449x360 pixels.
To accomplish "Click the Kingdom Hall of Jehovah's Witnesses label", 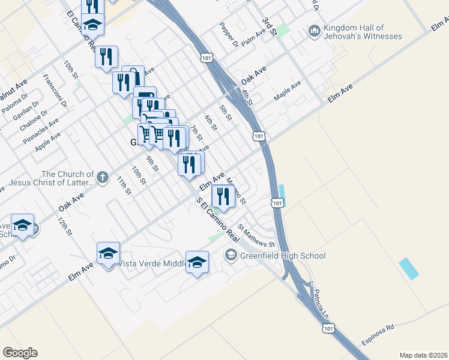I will tap(363, 32).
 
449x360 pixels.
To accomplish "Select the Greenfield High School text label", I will tap(282, 256).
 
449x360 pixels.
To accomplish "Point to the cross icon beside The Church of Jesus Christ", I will tap(103, 177).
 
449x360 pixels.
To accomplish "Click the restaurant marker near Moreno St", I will tap(223, 196).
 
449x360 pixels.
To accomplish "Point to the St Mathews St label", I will tap(256, 236).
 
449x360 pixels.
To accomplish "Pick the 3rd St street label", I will tap(268, 27).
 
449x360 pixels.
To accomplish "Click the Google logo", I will tap(20, 353).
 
